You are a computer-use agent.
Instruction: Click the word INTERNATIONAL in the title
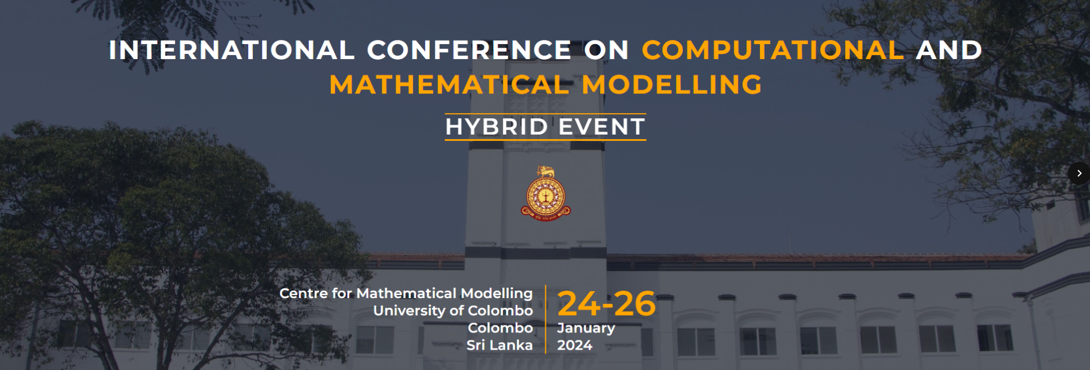click(x=231, y=50)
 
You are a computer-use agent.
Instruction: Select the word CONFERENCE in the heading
click(x=469, y=50)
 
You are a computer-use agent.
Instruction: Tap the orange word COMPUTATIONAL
click(x=773, y=50)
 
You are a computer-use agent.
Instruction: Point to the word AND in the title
click(x=949, y=50)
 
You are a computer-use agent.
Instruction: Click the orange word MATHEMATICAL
click(x=449, y=85)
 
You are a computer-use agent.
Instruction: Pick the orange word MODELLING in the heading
click(x=672, y=85)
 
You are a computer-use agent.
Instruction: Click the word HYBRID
click(x=497, y=127)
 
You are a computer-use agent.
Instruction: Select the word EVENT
click(x=602, y=127)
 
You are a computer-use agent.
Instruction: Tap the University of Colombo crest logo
click(x=545, y=193)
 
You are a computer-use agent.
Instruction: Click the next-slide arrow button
click(x=1079, y=173)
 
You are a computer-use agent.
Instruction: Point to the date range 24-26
click(x=606, y=303)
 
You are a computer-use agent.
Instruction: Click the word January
click(x=586, y=328)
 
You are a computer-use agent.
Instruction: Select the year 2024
click(x=575, y=346)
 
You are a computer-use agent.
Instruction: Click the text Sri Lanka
click(x=499, y=346)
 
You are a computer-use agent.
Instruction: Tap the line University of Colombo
click(x=453, y=311)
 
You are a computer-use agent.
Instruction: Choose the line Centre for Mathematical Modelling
click(x=406, y=293)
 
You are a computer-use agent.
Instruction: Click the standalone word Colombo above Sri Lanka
click(x=500, y=328)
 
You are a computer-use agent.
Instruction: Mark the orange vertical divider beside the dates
click(x=545, y=319)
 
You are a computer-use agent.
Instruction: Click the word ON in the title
click(x=607, y=50)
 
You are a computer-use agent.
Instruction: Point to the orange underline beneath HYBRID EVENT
click(x=545, y=140)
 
